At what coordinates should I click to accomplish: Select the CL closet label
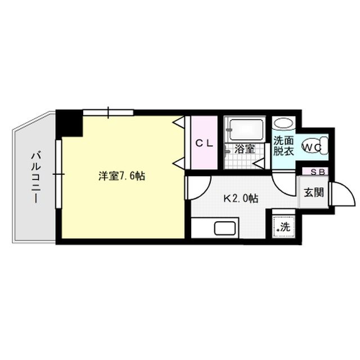tap(204, 143)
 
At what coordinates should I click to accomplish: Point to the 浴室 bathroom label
tap(245, 149)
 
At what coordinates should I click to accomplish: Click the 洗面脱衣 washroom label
tap(284, 146)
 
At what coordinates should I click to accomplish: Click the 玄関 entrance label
tap(314, 192)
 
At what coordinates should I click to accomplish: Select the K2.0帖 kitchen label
tap(241, 198)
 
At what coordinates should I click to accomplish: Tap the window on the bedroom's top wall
tap(108, 111)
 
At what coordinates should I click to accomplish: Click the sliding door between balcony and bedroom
tap(57, 174)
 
